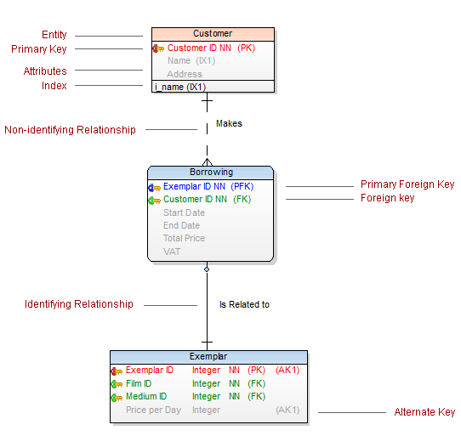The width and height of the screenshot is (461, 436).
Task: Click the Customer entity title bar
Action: click(x=213, y=34)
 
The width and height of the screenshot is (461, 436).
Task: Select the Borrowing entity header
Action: click(x=210, y=173)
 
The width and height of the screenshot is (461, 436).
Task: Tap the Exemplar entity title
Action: click(x=208, y=357)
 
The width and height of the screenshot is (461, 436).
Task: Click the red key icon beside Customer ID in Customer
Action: click(x=158, y=48)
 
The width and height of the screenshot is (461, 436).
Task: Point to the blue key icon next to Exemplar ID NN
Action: click(x=154, y=188)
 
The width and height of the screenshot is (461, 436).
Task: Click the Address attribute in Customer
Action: click(x=185, y=74)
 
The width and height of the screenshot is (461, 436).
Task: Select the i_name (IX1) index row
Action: click(x=180, y=87)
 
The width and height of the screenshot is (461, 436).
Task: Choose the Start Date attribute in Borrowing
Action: click(x=184, y=212)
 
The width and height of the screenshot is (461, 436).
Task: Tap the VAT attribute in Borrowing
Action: click(x=172, y=252)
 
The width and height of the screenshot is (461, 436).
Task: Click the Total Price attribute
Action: click(x=184, y=238)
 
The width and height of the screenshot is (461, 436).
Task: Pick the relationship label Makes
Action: click(x=229, y=123)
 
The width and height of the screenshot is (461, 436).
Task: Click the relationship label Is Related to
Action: click(x=244, y=304)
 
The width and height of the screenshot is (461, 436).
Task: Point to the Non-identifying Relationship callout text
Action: click(x=70, y=130)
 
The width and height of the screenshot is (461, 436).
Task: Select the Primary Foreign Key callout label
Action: click(x=407, y=184)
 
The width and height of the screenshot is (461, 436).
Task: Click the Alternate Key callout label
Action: click(x=424, y=412)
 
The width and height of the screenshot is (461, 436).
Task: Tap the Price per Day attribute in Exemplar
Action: click(x=153, y=410)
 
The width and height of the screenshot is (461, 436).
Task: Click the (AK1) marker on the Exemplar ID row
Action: click(x=287, y=370)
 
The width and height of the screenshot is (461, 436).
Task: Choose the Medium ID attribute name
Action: click(x=146, y=396)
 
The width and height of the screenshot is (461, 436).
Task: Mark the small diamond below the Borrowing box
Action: click(x=207, y=269)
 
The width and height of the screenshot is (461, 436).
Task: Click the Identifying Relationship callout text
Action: click(x=79, y=304)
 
